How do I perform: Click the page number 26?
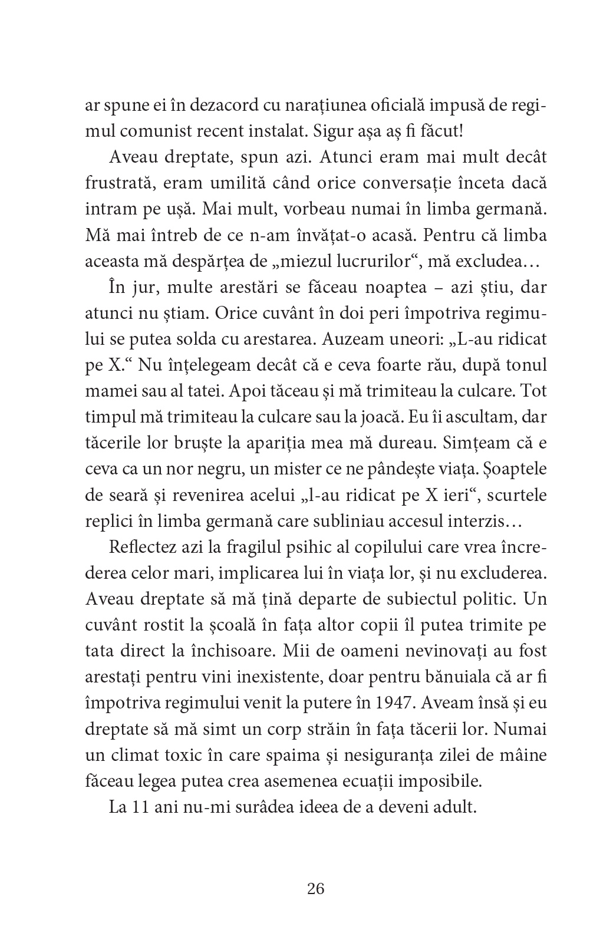click(x=316, y=889)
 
